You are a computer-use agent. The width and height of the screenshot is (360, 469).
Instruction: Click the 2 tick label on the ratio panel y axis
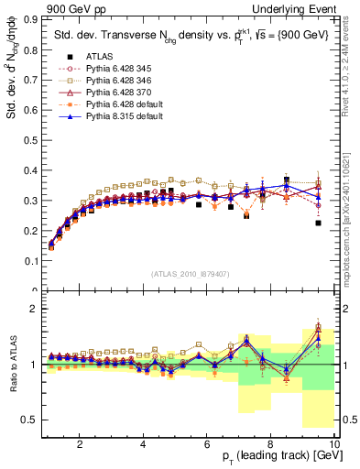tap(34, 309)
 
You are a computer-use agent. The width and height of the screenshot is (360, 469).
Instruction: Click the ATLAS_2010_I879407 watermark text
tap(190, 273)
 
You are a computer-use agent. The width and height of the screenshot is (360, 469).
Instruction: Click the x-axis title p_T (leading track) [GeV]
tap(274, 457)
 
